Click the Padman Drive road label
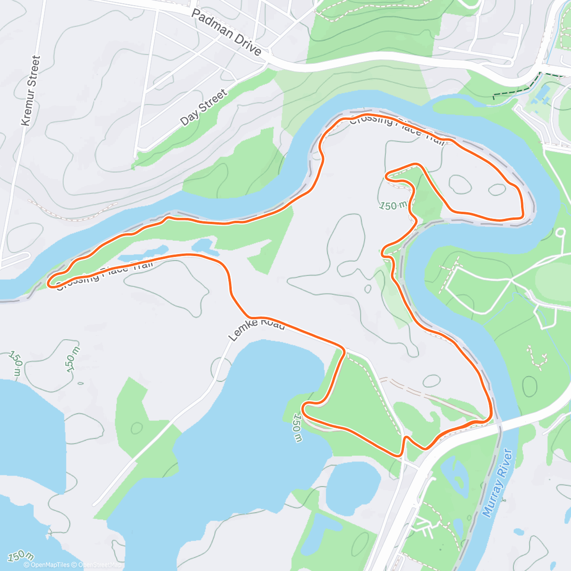[x=226, y=32]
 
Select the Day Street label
[x=204, y=108]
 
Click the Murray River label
[x=498, y=482]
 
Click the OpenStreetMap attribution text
[x=100, y=565]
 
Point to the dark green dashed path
[x=516, y=89]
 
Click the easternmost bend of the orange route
[x=523, y=209]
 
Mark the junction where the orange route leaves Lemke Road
[x=344, y=351]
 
